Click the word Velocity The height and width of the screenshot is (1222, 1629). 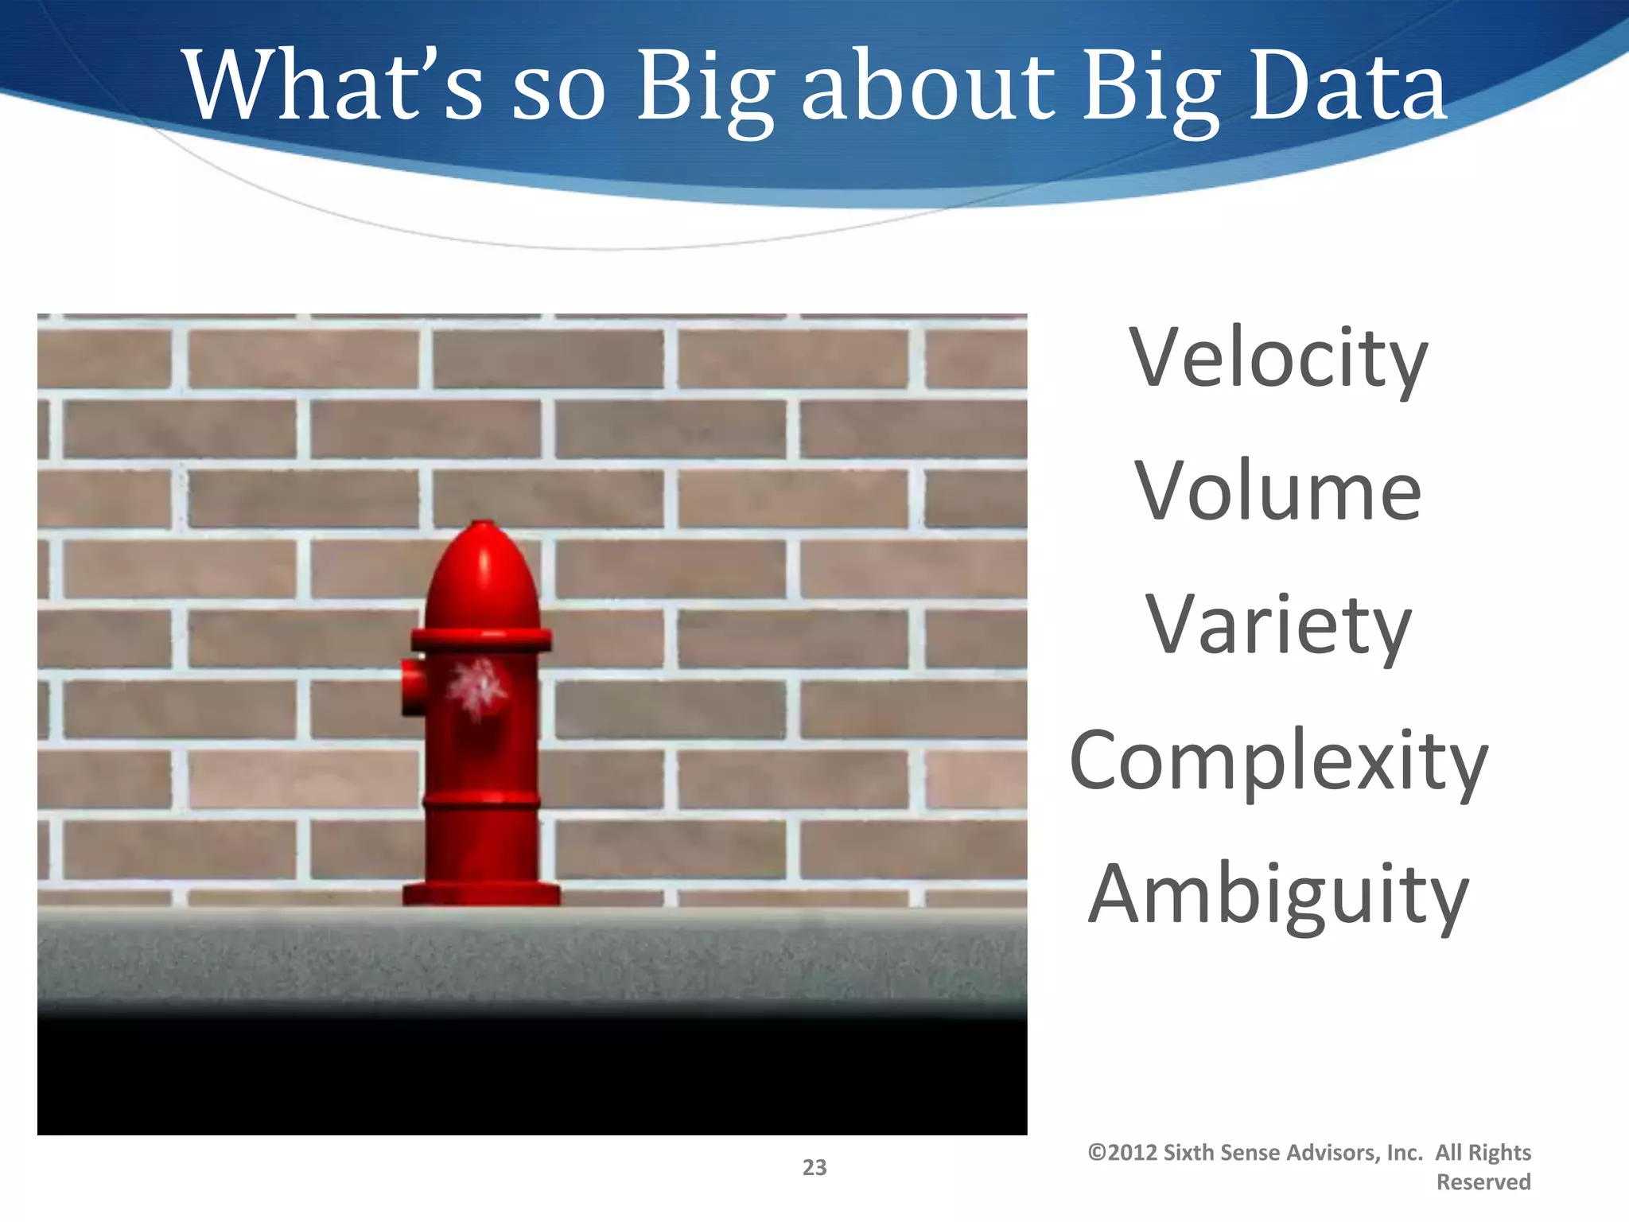pyautogui.click(x=1278, y=360)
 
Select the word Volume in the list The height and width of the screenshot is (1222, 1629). pyautogui.click(x=1277, y=492)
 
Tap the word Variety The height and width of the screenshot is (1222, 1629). pyautogui.click(x=1277, y=627)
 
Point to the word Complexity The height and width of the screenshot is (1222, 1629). pyautogui.click(x=1278, y=762)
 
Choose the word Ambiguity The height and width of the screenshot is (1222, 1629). pyautogui.click(x=1277, y=896)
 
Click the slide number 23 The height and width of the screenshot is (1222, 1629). pyautogui.click(x=814, y=1167)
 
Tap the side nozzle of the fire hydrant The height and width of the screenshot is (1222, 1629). pyautogui.click(x=412, y=686)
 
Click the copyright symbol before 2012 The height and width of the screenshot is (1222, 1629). pyautogui.click(x=1097, y=1153)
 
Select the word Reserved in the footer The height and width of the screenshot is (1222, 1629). pyautogui.click(x=1483, y=1182)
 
